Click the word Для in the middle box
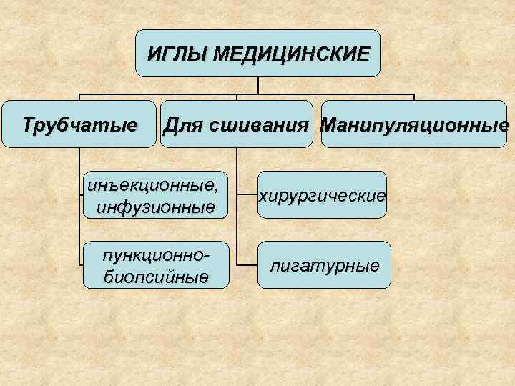[x=182, y=126]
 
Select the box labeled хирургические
[x=322, y=195]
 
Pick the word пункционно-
[x=157, y=255]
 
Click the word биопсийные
[x=157, y=276]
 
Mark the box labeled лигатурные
[x=324, y=266]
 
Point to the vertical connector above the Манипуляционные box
[x=414, y=99]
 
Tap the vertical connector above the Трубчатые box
[x=79, y=99]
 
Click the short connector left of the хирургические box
[x=247, y=195]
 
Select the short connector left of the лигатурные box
[x=247, y=266]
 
